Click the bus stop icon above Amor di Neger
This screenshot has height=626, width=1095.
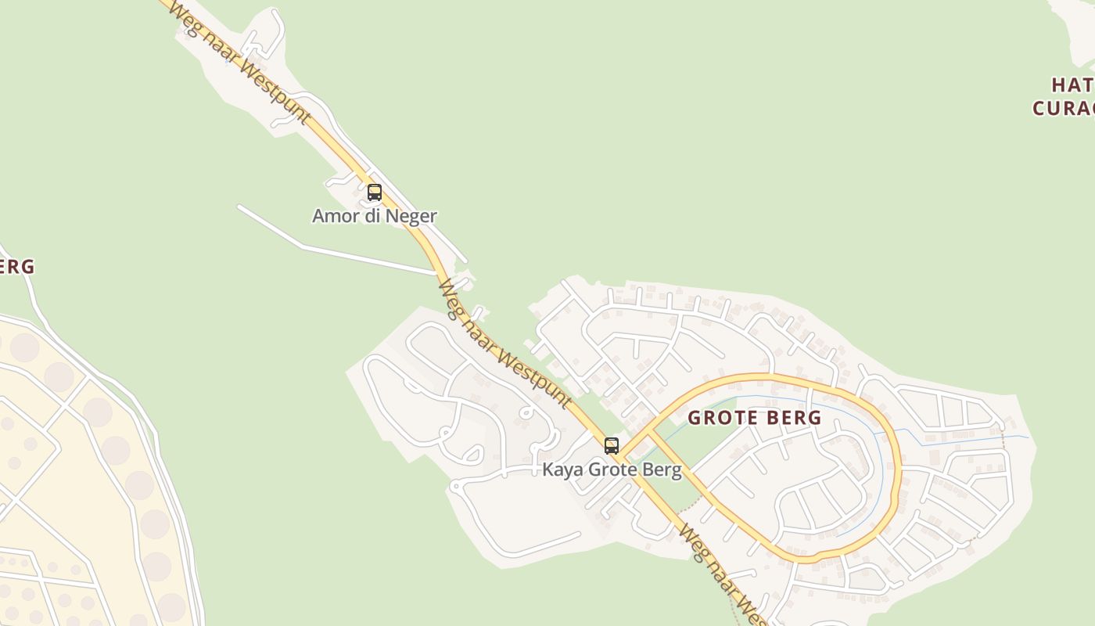point(375,192)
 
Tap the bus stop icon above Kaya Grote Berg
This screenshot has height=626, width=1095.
point(612,445)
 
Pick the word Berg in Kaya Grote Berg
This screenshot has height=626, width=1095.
point(662,470)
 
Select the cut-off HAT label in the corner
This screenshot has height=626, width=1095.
point(1072,85)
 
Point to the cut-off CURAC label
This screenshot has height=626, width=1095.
point(1064,108)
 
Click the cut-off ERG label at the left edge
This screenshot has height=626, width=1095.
point(16,267)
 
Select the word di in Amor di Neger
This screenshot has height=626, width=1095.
point(372,216)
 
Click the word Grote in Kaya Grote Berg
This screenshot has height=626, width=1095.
point(610,470)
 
